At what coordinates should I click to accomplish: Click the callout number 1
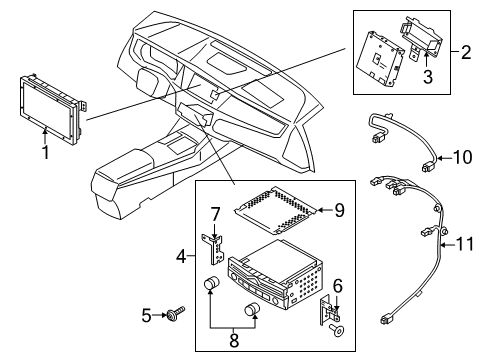click(x=44, y=153)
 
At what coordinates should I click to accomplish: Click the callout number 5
click(x=147, y=317)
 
